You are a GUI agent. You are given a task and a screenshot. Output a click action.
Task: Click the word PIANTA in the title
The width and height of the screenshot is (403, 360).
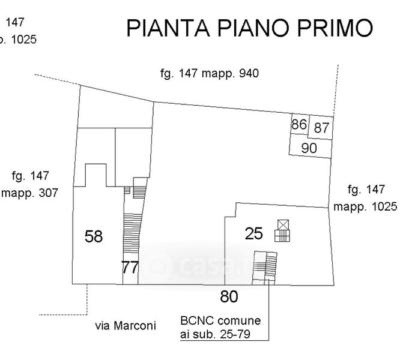(168, 28)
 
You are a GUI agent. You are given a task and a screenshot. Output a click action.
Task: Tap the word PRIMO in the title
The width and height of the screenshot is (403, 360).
(335, 28)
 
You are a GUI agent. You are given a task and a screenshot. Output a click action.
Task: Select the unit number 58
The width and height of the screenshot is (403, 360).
(94, 236)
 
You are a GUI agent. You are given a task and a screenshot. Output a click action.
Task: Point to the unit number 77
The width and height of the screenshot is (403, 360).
(130, 268)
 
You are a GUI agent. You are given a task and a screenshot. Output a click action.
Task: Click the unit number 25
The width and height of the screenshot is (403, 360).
(253, 233)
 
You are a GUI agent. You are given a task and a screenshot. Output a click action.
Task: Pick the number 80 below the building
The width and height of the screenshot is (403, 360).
(229, 296)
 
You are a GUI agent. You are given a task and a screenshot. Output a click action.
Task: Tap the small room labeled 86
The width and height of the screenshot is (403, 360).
(300, 124)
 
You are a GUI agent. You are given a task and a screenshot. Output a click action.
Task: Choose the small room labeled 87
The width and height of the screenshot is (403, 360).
(321, 128)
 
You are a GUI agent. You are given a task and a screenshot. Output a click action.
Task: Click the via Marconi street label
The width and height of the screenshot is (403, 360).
(126, 326)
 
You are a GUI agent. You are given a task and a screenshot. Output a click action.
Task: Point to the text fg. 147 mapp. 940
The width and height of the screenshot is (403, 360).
(210, 73)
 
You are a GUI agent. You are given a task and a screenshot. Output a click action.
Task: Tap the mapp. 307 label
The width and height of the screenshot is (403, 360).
(30, 193)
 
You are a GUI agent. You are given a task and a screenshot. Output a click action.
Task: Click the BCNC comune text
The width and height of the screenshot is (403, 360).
(220, 320)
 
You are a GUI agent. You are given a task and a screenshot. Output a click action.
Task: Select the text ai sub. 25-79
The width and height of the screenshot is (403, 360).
(215, 334)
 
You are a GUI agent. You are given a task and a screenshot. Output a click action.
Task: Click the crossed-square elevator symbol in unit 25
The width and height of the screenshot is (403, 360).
(283, 224)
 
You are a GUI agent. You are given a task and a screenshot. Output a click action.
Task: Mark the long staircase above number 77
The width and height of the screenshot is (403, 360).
(132, 233)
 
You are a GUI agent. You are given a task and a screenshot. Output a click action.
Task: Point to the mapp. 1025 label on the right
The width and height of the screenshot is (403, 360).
(365, 206)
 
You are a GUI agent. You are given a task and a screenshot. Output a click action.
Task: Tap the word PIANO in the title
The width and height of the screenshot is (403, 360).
(253, 28)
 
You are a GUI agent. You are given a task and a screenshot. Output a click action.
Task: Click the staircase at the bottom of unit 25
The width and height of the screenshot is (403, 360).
(265, 268)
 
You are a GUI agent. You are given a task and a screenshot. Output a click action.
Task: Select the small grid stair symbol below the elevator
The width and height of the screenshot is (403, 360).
(282, 236)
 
